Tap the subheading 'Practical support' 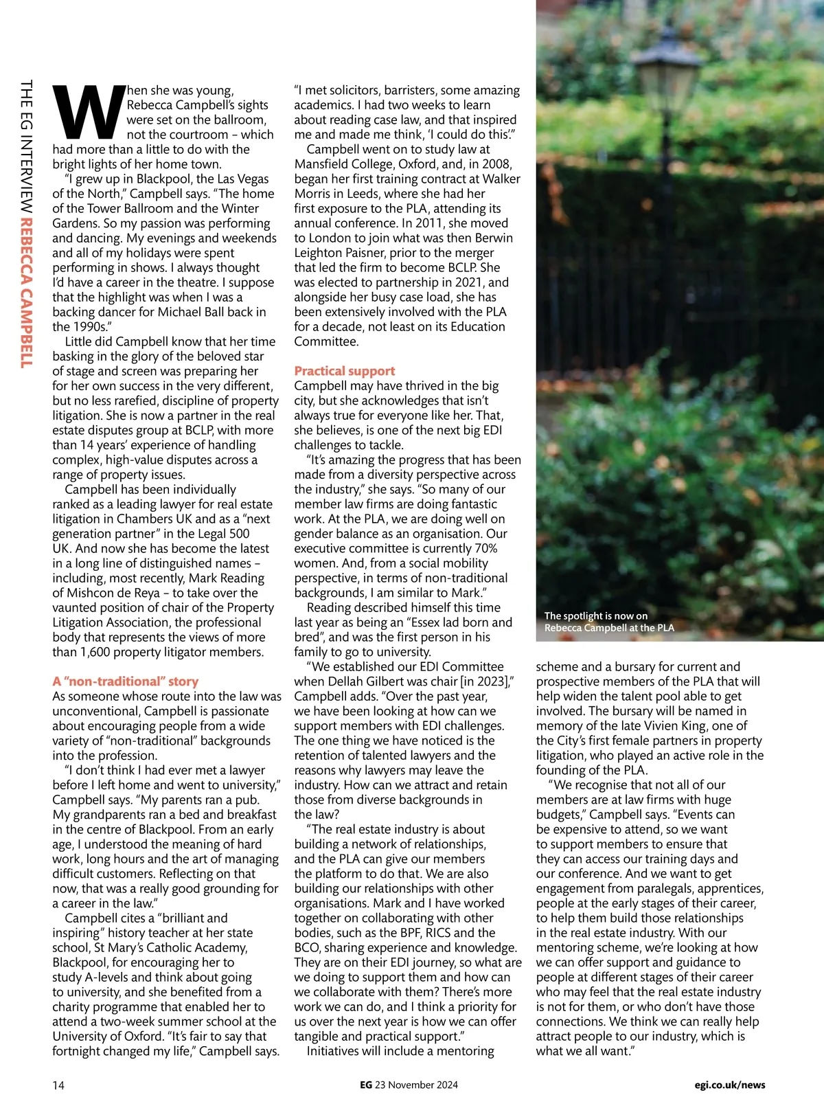(x=344, y=371)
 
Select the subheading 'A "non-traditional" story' (x=125, y=681)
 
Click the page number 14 (x=58, y=1085)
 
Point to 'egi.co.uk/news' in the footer (x=729, y=1085)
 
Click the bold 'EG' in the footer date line (x=366, y=1085)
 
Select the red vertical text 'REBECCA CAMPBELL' (x=26, y=293)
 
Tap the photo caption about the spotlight (x=608, y=622)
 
